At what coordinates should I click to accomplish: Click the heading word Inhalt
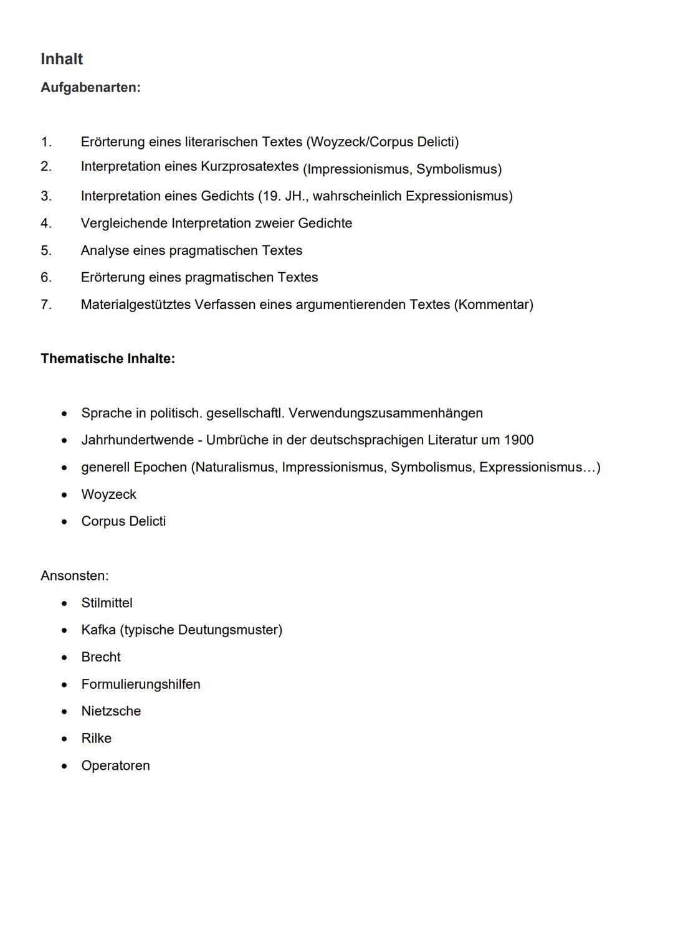coord(62,59)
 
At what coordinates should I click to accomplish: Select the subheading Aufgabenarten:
coord(90,88)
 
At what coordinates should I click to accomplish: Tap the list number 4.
coord(45,224)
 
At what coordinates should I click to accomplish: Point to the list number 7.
coord(45,305)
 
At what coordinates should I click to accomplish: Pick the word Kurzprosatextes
coord(249,166)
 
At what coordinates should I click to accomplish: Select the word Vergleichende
coord(124,224)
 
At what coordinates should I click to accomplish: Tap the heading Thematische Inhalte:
coord(108,359)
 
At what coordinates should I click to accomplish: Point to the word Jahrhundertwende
coord(137,440)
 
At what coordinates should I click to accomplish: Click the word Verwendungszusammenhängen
coord(386,414)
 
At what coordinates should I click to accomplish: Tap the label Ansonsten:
coord(74,576)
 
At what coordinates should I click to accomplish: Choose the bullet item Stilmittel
coord(107,603)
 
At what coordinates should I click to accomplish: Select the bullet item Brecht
coord(101,657)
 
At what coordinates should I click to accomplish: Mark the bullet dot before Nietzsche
coord(64,712)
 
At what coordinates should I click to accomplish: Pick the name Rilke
coord(96,739)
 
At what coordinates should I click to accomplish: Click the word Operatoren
coord(115,766)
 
